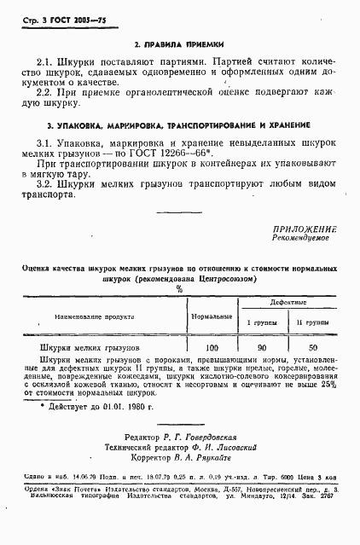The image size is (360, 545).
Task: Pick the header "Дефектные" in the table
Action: click(287, 304)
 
